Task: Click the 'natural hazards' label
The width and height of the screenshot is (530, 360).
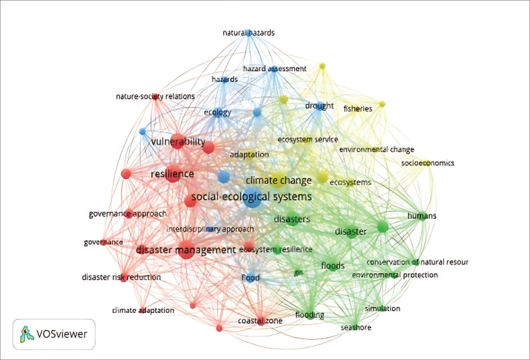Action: [249, 32]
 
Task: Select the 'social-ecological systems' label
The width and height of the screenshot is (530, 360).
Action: [252, 197]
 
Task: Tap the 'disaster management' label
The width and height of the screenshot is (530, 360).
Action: [186, 250]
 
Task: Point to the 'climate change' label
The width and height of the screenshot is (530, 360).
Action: [278, 180]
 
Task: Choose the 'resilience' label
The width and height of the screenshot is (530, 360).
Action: [172, 174]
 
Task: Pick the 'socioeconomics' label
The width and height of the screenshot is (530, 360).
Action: [428, 163]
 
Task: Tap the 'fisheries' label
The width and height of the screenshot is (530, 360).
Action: [358, 108]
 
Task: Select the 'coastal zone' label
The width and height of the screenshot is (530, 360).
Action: [259, 320]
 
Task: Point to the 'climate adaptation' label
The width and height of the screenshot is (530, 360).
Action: [143, 310]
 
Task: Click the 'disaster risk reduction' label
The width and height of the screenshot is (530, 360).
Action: [121, 277]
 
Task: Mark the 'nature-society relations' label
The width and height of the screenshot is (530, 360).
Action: [155, 96]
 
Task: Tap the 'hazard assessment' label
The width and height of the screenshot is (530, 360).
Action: [274, 69]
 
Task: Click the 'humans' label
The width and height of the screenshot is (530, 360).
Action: [422, 215]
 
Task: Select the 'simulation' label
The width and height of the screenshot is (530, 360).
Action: [382, 308]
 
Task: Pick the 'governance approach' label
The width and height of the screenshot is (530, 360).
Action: [127, 214]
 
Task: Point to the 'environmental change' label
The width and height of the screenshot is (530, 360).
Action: [376, 149]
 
